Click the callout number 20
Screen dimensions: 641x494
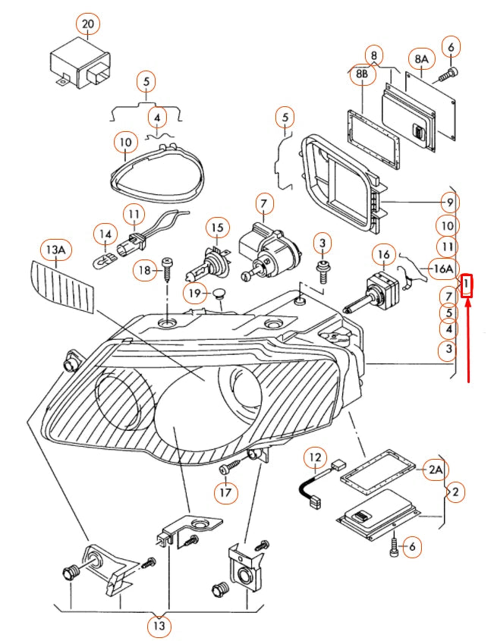[x=88, y=25]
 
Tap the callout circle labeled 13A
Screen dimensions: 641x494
[x=55, y=250]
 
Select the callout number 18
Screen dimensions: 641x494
[x=145, y=271]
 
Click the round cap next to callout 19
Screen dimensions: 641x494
[x=220, y=293]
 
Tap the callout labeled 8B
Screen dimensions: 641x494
[x=362, y=76]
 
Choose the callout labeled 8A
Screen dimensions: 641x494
[x=420, y=58]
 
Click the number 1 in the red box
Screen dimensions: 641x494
[x=468, y=285]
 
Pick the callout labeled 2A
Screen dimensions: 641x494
[x=435, y=470]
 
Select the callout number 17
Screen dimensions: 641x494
[x=224, y=494]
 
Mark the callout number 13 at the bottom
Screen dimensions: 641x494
[x=159, y=626]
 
